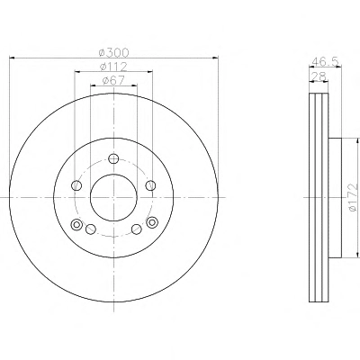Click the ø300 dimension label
[x=114, y=53]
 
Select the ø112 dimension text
[x=114, y=67]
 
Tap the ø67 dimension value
[x=114, y=80]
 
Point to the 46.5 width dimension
[x=325, y=61]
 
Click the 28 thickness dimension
[x=319, y=76]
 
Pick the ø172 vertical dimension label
[x=354, y=197]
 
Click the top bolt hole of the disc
[x=113, y=158]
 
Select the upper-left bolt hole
[x=76, y=185]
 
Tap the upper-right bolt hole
[x=150, y=185]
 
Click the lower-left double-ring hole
[x=77, y=224]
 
